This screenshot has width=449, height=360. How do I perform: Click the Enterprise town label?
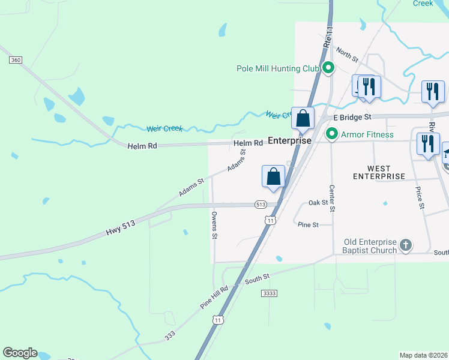(x=289, y=140)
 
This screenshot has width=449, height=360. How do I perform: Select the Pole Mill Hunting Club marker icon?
(x=328, y=68)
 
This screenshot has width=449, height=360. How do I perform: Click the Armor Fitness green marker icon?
(x=331, y=134)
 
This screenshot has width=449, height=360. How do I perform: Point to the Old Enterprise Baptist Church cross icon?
(x=406, y=245)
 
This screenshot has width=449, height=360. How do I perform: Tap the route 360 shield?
(x=16, y=60)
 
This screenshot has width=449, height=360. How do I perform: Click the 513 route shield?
(x=261, y=205)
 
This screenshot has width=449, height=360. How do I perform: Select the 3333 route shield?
(x=270, y=293)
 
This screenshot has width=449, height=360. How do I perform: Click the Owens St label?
(x=214, y=225)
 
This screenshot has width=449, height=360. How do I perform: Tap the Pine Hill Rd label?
(x=214, y=298)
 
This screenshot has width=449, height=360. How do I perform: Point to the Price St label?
(x=421, y=198)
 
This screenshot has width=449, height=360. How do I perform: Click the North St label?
(x=347, y=56)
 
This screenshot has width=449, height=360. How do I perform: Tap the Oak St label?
(x=318, y=203)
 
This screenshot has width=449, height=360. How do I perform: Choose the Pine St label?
(x=308, y=224)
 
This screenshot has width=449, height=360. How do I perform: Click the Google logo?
(x=20, y=353)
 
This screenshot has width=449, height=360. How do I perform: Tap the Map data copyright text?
(x=424, y=355)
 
